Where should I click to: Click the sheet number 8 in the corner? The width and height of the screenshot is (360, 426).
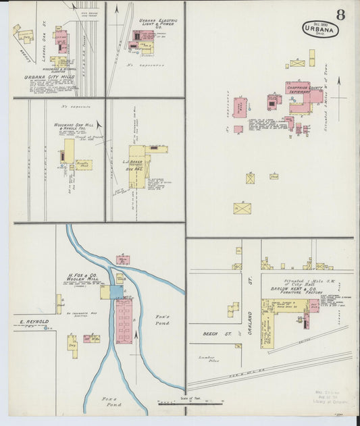coord(340,15)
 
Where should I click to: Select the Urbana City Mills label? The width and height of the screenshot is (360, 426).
coord(40,78)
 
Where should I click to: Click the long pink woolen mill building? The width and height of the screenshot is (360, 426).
coord(124,321)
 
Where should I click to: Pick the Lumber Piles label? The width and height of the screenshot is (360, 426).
coord(207,358)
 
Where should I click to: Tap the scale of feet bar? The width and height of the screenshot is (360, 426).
coord(213,404)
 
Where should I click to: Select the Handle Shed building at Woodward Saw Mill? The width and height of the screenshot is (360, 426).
coord(84,164)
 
